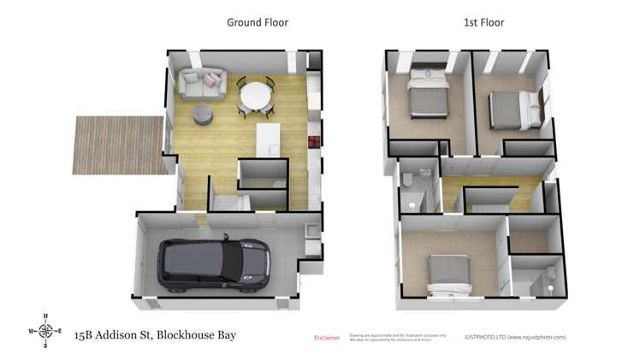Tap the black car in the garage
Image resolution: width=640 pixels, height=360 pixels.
215,262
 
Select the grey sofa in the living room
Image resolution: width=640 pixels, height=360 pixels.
202,83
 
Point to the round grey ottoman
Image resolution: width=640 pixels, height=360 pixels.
203,113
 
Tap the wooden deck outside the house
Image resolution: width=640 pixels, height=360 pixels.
117,144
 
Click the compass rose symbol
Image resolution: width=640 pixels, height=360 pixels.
46,330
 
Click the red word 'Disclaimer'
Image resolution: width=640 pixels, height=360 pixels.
327,338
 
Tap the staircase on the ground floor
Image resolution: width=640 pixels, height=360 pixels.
230,203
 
